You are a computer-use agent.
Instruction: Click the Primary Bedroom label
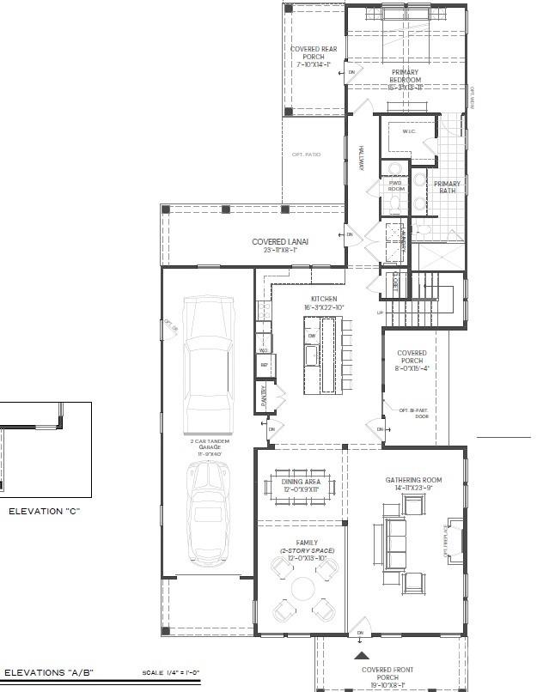(x=406, y=76)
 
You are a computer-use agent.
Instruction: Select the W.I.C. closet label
(x=409, y=131)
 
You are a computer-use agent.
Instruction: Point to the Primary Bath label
(x=447, y=187)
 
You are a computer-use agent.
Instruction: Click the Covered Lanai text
(x=280, y=246)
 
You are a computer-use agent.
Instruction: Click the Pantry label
(x=264, y=395)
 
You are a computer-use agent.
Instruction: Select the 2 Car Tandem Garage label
(x=209, y=448)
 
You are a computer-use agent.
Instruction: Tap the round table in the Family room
(x=303, y=589)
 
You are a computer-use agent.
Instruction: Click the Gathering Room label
(x=413, y=483)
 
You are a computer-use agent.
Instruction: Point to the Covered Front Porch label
(x=388, y=674)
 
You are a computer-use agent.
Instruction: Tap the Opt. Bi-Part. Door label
(x=414, y=413)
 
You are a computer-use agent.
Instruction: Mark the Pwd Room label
(x=396, y=185)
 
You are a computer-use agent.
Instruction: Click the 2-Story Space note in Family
(x=307, y=550)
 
